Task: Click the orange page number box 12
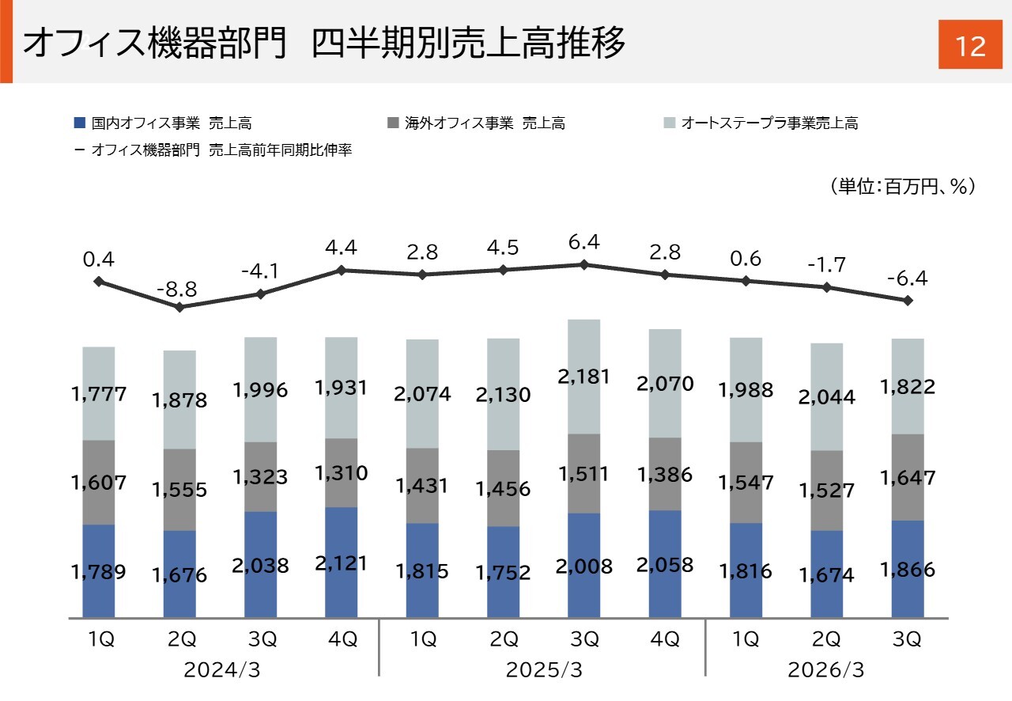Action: click(969, 45)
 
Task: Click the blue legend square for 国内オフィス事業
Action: click(78, 123)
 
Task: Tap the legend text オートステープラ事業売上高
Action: click(768, 123)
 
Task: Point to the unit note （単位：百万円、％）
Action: click(901, 187)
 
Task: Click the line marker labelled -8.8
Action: click(180, 307)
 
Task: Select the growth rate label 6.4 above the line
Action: click(583, 243)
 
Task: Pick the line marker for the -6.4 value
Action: click(908, 301)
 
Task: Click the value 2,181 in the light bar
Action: click(583, 377)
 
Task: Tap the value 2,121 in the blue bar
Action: click(341, 563)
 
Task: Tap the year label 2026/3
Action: click(826, 671)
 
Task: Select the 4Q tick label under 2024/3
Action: click(341, 640)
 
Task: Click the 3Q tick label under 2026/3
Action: click(908, 640)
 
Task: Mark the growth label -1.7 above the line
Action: click(827, 265)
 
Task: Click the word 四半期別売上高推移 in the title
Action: click(469, 44)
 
